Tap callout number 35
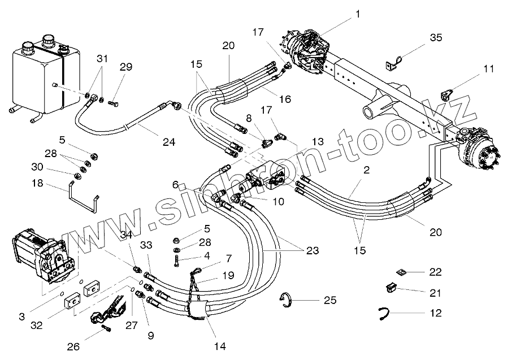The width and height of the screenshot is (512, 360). pos(436,38)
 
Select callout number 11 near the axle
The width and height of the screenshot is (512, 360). pos(488,69)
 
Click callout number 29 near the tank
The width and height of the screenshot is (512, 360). pos(125,67)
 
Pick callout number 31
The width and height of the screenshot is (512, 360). pos(101,59)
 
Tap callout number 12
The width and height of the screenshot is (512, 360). pos(435,313)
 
